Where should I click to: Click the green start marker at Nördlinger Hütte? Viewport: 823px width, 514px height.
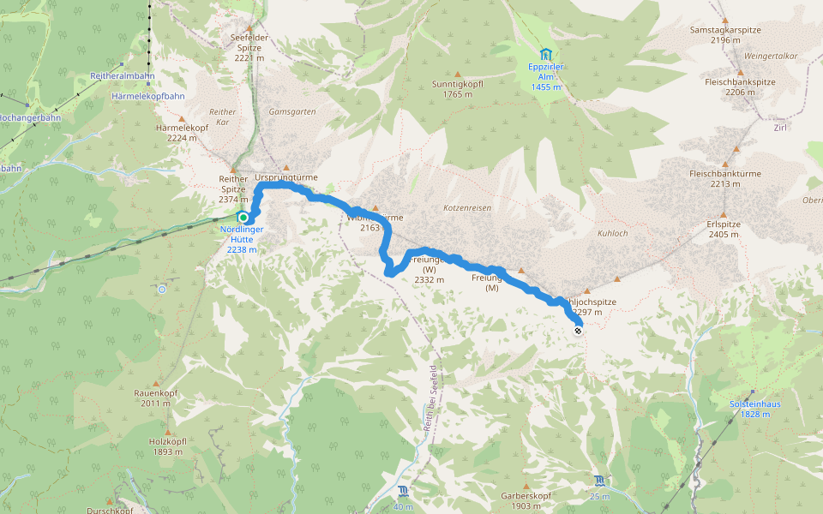coord(243,218)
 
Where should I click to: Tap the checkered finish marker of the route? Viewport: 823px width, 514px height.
coord(579,330)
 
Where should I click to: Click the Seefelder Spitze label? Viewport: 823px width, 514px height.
coord(249,43)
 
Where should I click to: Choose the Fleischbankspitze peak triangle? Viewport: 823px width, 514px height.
coord(739,72)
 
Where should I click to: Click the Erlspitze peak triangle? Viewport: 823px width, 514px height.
coord(724,215)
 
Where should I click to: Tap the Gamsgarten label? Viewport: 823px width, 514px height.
coord(292,111)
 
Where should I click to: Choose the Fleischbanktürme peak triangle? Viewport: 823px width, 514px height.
coord(724,162)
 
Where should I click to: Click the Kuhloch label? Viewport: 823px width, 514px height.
coord(614,233)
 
